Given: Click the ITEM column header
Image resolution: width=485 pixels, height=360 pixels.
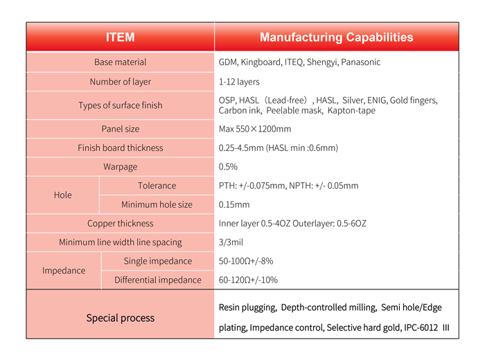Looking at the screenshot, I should (x=120, y=37).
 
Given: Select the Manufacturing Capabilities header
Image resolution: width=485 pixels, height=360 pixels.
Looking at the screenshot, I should (x=336, y=37).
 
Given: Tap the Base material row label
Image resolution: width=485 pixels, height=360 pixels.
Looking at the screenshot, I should (x=120, y=62).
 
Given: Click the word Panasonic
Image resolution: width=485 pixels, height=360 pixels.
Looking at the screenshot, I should (x=360, y=62).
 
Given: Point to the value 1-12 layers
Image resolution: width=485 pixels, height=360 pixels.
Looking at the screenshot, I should (x=239, y=82).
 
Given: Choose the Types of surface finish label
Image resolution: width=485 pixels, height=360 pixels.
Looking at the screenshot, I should (x=120, y=105).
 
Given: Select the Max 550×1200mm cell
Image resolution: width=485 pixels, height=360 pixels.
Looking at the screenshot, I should (x=255, y=129).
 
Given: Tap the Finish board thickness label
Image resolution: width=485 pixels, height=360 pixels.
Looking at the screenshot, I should (x=120, y=147).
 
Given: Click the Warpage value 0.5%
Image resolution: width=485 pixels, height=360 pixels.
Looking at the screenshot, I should (x=228, y=167).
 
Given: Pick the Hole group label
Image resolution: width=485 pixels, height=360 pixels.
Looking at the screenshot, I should (x=62, y=195).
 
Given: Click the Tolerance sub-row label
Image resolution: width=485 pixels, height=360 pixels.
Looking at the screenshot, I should (x=157, y=186).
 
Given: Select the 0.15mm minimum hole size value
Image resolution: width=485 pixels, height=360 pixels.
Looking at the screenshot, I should (x=234, y=205).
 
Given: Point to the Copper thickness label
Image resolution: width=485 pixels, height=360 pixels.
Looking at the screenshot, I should (x=120, y=224).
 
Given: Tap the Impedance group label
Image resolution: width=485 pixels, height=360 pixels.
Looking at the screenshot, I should (x=64, y=271).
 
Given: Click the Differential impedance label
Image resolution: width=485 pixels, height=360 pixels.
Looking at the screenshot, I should (x=157, y=280).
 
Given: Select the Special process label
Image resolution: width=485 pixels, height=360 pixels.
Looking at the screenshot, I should (x=120, y=318).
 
